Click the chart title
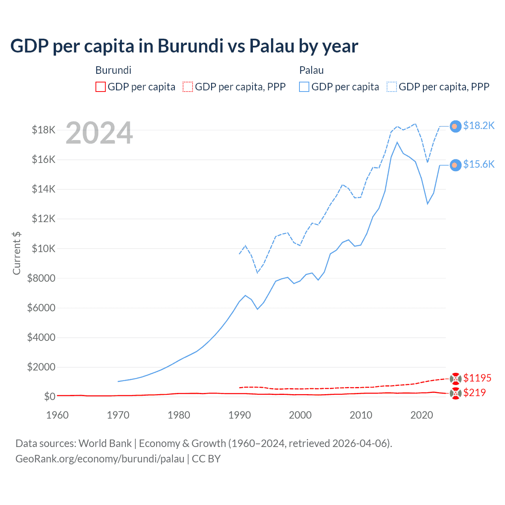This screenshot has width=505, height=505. pos(184,46)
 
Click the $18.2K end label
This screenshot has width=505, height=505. pos(479,125)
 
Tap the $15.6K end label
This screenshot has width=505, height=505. pos(479,164)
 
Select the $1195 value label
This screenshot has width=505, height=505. pos(477,378)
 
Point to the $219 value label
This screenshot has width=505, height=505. pos(474,393)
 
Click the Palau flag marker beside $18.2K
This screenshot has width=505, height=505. pos(455,126)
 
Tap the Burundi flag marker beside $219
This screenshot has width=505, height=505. pos(455,393)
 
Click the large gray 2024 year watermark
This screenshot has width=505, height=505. pos(99,133)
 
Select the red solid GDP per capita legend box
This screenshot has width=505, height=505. pos(101,87)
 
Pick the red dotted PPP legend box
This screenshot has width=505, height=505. pos(188,87)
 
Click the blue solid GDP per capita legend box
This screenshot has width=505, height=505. pos(304,87)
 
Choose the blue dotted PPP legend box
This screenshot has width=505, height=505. pos(392,87)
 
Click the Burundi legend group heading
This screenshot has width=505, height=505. pos(113,70)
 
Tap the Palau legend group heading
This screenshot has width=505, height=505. pos(311,70)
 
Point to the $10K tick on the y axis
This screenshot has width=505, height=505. pos(43,249)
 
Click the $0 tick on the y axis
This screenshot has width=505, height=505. pos(49,397)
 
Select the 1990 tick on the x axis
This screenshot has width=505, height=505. pos(239,415)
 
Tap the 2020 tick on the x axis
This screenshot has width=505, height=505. pos(422,415)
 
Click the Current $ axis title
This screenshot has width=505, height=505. pos(17,253)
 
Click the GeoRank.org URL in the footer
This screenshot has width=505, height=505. pos(100,459)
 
